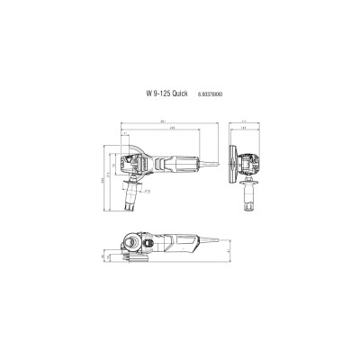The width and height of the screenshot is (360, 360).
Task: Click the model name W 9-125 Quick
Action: [x=155, y=94]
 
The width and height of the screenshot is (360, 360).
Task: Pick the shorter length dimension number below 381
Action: [x=172, y=130]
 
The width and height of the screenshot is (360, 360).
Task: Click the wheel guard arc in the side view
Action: [x=126, y=148]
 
